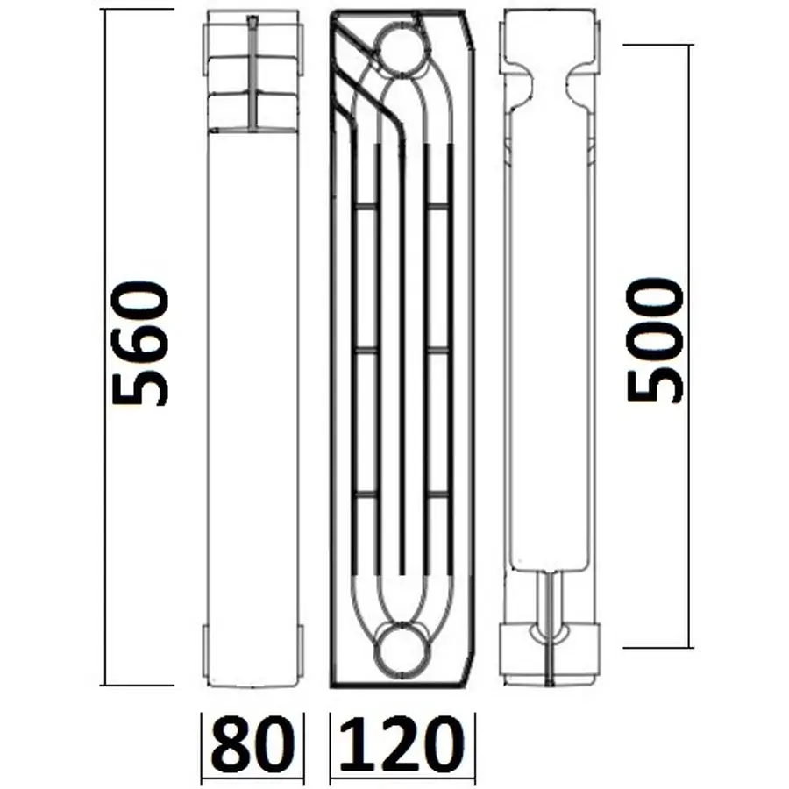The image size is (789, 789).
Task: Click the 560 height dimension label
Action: point(140,343)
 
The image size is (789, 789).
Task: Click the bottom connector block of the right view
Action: point(551,650)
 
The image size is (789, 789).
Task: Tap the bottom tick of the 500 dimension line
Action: point(657,648)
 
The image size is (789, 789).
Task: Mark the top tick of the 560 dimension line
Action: point(136,10)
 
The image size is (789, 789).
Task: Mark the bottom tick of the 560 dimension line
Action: point(136,685)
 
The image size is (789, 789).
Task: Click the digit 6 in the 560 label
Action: point(140,343)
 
